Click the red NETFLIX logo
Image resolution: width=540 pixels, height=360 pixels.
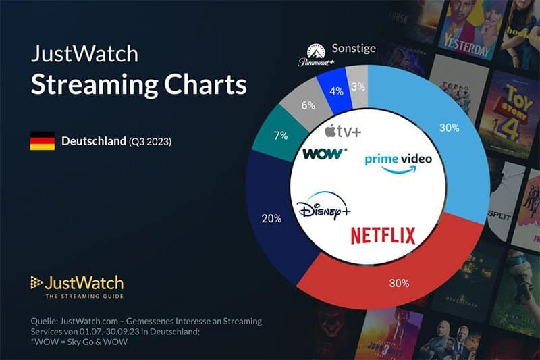(x=383, y=235)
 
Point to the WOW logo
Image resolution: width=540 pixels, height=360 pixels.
(x=325, y=154)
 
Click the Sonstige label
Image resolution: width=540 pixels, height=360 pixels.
(x=353, y=49)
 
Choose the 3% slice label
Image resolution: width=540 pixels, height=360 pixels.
(x=358, y=86)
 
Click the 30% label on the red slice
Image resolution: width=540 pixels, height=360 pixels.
(x=398, y=283)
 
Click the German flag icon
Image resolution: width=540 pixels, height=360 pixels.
(x=42, y=142)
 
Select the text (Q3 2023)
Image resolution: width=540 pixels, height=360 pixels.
(x=150, y=142)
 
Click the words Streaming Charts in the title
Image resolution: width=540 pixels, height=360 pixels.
(x=138, y=86)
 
